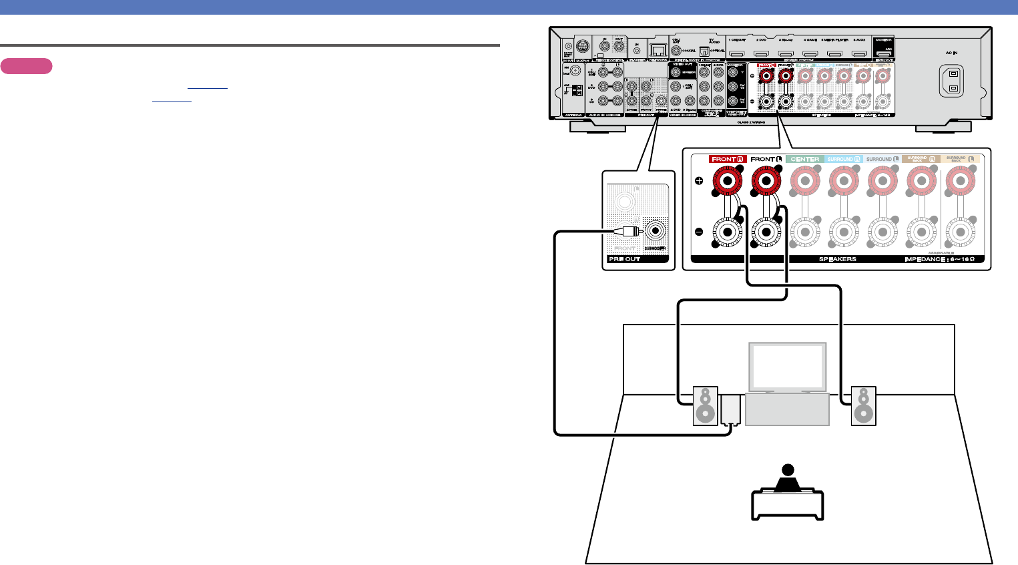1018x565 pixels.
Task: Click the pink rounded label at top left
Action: pyautogui.click(x=26, y=66)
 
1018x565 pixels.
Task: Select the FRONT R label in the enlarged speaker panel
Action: pyautogui.click(x=727, y=159)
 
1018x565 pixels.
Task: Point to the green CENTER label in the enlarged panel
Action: pyautogui.click(x=804, y=159)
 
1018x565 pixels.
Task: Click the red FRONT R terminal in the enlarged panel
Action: pyautogui.click(x=727, y=180)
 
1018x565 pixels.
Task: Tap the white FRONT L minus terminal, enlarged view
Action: pyautogui.click(x=766, y=232)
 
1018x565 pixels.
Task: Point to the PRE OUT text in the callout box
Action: pyautogui.click(x=624, y=259)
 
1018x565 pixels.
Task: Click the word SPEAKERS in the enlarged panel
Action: pyautogui.click(x=837, y=259)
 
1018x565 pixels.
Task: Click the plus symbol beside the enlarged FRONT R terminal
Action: pyautogui.click(x=699, y=180)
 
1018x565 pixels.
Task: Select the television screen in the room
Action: pyautogui.click(x=787, y=367)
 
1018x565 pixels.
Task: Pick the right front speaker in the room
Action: pyautogui.click(x=863, y=405)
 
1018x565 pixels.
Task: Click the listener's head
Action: pyautogui.click(x=788, y=470)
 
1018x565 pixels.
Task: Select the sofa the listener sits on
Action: pyautogui.click(x=788, y=505)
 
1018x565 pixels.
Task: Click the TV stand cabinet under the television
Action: pyautogui.click(x=787, y=409)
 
